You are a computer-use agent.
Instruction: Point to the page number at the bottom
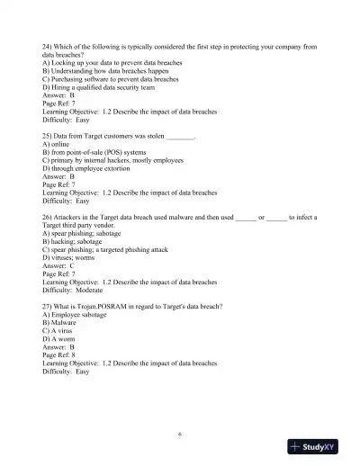coord(180,435)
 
